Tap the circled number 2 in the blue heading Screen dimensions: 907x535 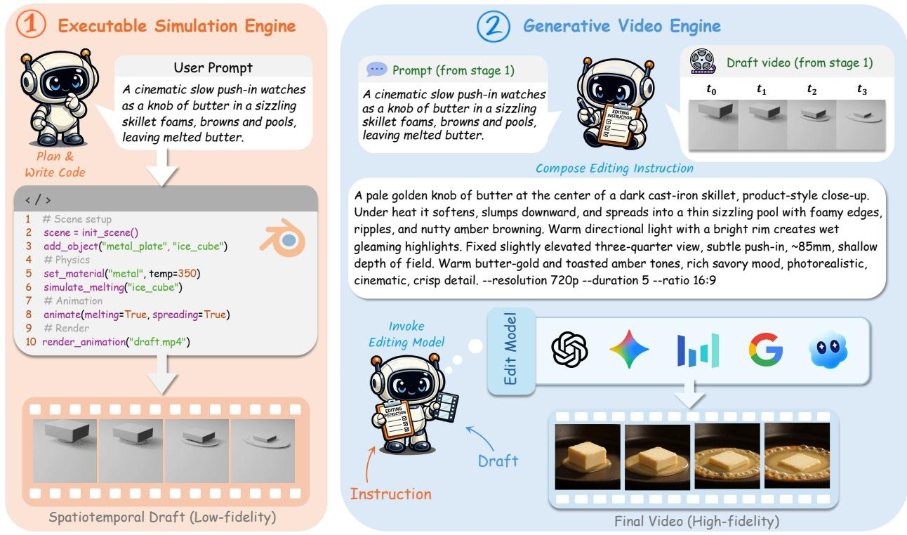coord(494,26)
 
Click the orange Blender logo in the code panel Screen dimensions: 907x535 coord(283,238)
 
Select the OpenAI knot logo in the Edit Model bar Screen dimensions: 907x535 coord(569,349)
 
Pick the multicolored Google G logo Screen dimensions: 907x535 coord(765,350)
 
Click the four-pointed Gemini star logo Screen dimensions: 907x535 coord(629,349)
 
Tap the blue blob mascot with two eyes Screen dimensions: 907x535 coord(828,350)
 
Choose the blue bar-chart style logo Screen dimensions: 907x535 coord(698,350)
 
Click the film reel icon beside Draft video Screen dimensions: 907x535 coord(703,61)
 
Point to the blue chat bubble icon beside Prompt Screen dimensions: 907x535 coord(376,70)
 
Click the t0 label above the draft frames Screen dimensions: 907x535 coord(711,89)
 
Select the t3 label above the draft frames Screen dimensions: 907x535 coord(862,89)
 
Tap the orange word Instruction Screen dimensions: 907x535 coord(391,494)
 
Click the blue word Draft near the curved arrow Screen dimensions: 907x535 coord(498,461)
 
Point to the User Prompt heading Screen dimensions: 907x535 coord(213,67)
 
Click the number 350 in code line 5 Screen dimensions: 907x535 coord(187,273)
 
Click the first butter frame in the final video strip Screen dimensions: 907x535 coord(588,456)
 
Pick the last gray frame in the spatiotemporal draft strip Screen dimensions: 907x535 coord(262,451)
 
